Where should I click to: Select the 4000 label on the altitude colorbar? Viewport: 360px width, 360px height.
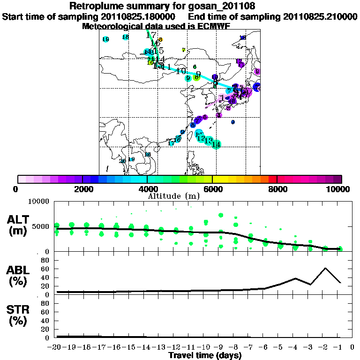pyautogui.click(x=147, y=189)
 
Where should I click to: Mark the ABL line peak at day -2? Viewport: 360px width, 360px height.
pyautogui.click(x=325, y=268)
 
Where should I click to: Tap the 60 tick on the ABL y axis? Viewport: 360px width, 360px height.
pyautogui.click(x=46, y=269)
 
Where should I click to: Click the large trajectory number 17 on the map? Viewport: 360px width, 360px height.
pyautogui.click(x=151, y=35)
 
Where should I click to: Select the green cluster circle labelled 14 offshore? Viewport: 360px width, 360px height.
pyautogui.click(x=216, y=144)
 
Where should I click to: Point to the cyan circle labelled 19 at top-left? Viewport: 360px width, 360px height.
pyautogui.click(x=105, y=39)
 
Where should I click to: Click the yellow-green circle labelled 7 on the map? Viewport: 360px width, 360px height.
pyautogui.click(x=184, y=50)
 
